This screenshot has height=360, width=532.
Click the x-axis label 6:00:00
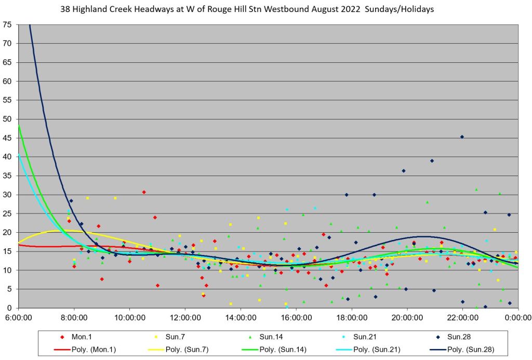(x=18, y=315)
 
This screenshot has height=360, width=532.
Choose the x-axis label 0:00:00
(x=518, y=315)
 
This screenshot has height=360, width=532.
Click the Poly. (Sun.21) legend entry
(x=370, y=349)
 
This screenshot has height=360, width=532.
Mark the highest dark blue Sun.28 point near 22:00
(x=462, y=137)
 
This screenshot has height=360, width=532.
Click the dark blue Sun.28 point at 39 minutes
(x=432, y=161)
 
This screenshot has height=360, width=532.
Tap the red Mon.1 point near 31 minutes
(x=144, y=192)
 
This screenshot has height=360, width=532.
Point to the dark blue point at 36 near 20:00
(x=404, y=171)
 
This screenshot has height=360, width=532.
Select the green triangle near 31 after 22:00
(x=476, y=190)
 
